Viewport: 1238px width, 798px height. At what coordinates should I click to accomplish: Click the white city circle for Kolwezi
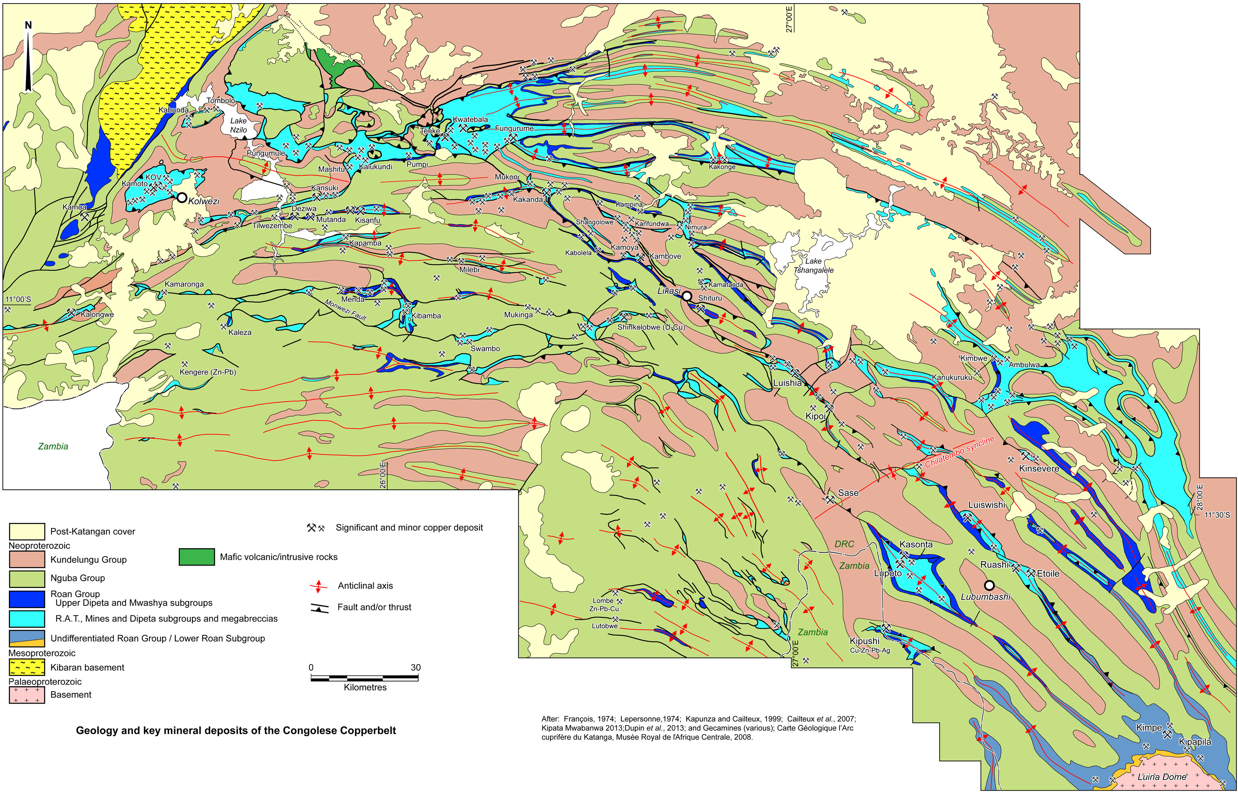pos(182,197)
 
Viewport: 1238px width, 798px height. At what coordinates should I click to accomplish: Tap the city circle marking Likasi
pos(687,296)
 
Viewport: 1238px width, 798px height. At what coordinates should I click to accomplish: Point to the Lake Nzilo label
pos(238,125)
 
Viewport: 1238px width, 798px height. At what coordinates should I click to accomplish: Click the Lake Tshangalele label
pos(813,265)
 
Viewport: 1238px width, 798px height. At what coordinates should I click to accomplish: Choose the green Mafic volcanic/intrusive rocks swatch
pos(197,557)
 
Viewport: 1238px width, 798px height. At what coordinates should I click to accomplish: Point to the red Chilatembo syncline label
pos(960,451)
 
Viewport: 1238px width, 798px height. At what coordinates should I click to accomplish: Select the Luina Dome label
pos(1161,777)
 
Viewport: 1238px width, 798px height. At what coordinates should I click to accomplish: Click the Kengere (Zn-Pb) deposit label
pos(207,372)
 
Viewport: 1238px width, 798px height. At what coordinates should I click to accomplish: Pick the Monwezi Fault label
pos(345,310)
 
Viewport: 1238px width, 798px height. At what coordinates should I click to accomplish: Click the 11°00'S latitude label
pos(18,299)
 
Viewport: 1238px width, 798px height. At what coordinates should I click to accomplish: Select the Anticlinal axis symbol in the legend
pos(318,586)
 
